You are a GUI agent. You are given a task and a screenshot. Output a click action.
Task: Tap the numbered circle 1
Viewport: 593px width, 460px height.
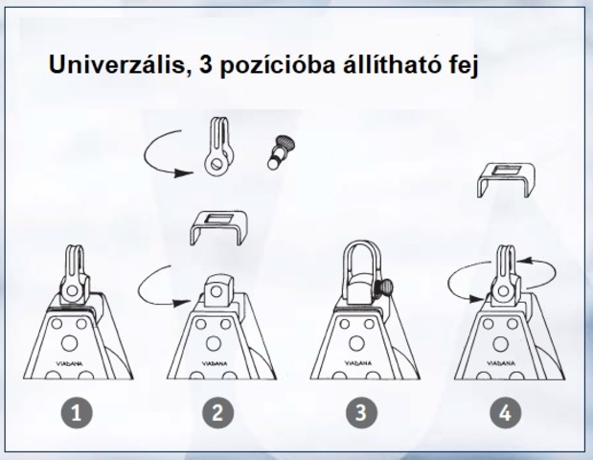pos(77,412)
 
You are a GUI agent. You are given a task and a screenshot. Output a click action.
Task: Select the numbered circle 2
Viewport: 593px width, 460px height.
pos(217,412)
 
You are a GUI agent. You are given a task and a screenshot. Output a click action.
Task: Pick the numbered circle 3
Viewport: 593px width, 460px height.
pos(361,412)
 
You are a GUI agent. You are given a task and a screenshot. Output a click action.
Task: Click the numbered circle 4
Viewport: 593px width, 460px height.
pos(506,412)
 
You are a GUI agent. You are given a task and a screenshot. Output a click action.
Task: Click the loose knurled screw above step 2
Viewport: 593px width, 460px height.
pos(281,152)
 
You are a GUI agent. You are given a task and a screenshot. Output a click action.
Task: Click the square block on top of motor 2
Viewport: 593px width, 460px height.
pos(218,290)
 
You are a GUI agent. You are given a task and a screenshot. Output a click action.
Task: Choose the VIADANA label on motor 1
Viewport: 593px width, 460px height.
pos(70,363)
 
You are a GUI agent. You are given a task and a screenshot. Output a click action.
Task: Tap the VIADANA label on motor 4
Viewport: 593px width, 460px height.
pos(501,363)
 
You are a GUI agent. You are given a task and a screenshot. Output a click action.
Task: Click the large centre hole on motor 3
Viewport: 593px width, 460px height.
pos(356,343)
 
